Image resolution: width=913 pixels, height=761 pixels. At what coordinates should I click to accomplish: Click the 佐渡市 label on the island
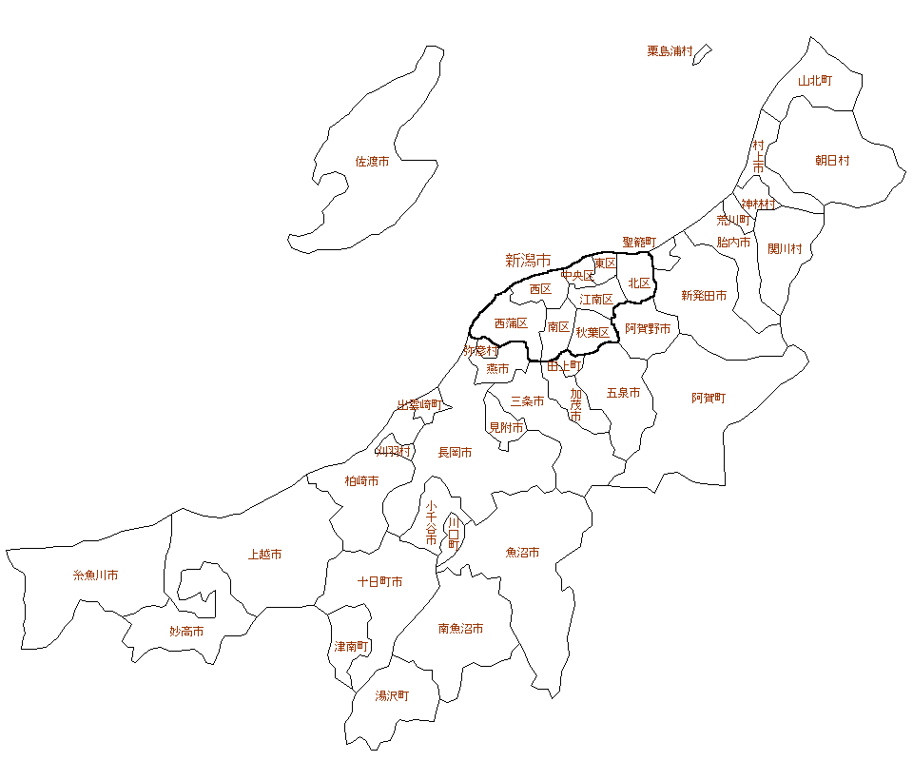click(x=372, y=162)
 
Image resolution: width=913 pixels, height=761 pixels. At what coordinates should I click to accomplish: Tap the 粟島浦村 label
click(x=670, y=51)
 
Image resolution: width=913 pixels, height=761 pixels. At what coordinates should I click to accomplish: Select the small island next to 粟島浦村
click(x=702, y=54)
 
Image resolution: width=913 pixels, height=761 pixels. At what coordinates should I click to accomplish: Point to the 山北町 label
click(x=814, y=81)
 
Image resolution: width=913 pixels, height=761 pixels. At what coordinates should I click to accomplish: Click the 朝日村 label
click(x=832, y=161)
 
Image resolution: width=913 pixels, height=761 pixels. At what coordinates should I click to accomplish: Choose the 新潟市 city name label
click(x=527, y=260)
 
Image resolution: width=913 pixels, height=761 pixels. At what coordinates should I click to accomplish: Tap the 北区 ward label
click(x=638, y=283)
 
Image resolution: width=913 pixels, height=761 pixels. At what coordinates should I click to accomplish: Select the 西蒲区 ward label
click(x=511, y=323)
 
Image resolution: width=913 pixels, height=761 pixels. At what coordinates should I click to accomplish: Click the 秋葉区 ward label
click(x=592, y=333)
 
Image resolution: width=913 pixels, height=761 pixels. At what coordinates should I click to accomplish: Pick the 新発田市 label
click(x=704, y=296)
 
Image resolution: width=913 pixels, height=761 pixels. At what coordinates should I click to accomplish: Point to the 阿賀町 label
click(x=708, y=398)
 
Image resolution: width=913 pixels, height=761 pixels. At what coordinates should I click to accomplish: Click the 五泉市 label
click(x=623, y=393)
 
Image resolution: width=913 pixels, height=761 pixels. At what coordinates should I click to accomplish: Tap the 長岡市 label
click(x=455, y=453)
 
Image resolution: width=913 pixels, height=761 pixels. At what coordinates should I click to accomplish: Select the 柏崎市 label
click(x=361, y=481)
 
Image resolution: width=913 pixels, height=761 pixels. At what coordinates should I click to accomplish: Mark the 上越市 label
click(x=264, y=555)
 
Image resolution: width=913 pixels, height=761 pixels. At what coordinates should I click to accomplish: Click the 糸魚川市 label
click(x=95, y=576)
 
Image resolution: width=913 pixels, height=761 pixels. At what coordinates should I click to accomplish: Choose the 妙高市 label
click(x=186, y=631)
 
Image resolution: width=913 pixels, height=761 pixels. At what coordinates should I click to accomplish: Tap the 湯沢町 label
click(x=392, y=695)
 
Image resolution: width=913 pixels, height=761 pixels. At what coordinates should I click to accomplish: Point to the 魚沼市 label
click(x=522, y=553)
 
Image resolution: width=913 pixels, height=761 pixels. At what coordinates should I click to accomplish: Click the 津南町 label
click(x=351, y=646)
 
